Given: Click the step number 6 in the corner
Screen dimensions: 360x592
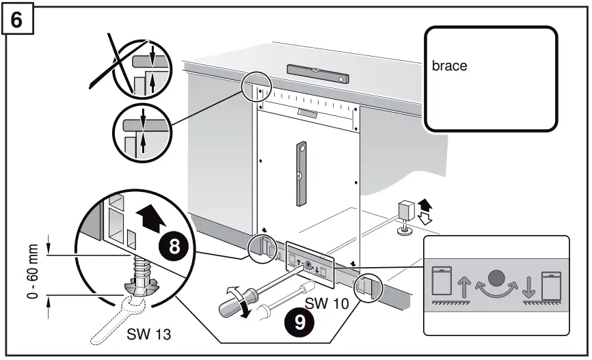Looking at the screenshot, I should [x=19, y=20].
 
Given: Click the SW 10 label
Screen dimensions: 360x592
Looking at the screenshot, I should [x=322, y=302].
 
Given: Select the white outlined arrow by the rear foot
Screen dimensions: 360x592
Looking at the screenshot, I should [x=425, y=218].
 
